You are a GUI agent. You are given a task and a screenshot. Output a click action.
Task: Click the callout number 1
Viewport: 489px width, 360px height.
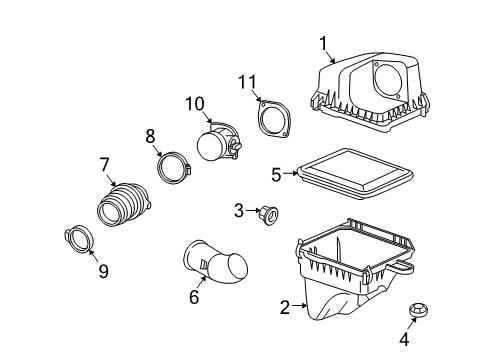click(x=323, y=43)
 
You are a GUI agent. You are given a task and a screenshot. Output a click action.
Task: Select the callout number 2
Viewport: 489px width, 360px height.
click(x=285, y=307)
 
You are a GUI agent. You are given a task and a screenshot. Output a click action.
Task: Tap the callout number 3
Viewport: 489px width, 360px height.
click(x=239, y=209)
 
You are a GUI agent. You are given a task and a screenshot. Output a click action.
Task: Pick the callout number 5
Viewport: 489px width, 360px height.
click(x=276, y=175)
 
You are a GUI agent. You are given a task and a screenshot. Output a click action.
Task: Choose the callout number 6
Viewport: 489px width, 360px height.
click(x=194, y=296)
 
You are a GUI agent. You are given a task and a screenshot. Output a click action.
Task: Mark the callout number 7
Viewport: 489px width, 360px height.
click(x=104, y=165)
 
